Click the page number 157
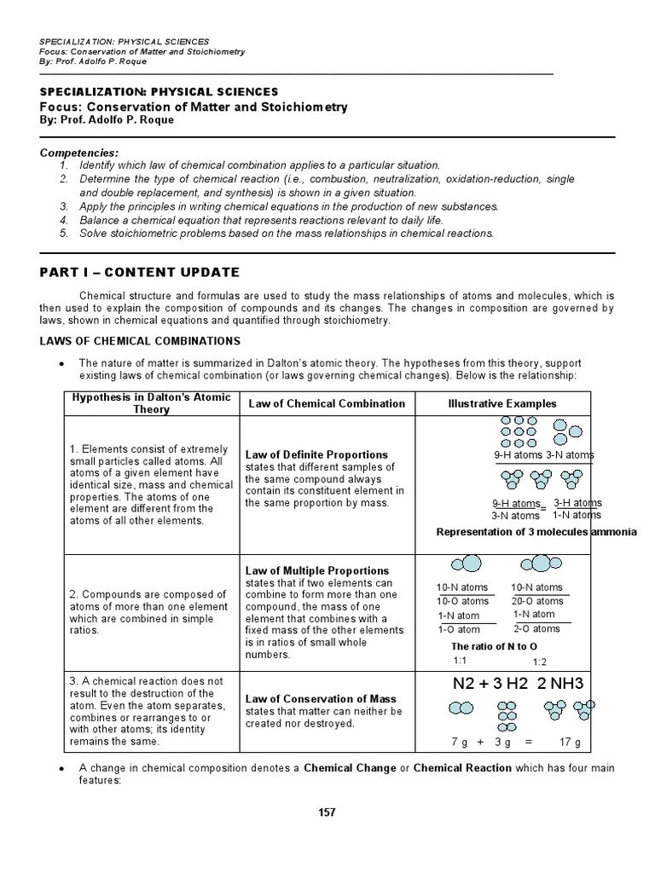(327, 812)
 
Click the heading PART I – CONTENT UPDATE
(139, 272)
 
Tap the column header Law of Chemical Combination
(325, 403)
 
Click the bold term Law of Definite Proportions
(316, 454)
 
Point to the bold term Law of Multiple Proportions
(316, 570)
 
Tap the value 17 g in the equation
(570, 743)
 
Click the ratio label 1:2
(540, 662)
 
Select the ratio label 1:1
(460, 661)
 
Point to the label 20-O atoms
(536, 601)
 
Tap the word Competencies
(75, 152)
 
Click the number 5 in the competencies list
(63, 234)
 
